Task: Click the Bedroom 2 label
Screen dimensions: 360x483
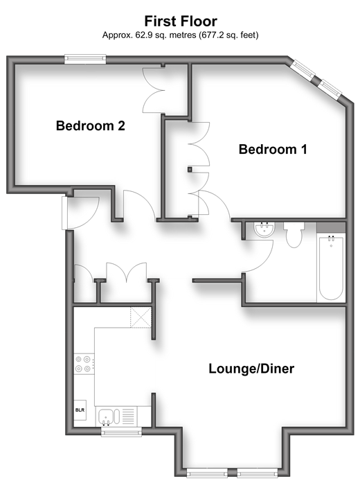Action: pos(91,125)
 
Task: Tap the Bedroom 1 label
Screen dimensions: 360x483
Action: pos(273,150)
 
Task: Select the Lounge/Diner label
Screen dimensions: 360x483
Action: pos(251,369)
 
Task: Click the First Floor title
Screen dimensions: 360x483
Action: pos(181,21)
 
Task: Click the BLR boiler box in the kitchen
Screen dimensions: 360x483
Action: pos(80,410)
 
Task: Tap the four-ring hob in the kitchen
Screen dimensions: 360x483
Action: pos(83,364)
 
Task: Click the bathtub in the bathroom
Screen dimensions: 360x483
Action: pos(331,267)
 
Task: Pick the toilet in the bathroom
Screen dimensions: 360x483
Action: pos(294,235)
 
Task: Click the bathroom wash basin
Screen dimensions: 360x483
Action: pos(264,230)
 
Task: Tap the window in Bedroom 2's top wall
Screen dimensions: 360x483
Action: pos(85,59)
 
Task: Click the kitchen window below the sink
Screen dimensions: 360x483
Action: pos(122,431)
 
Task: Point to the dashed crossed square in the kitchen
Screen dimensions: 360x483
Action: pos(141,317)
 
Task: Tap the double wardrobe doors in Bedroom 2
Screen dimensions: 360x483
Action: pos(154,91)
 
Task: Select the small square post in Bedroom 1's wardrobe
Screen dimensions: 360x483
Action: pos(190,169)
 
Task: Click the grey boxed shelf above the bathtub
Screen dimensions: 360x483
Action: pos(331,227)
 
